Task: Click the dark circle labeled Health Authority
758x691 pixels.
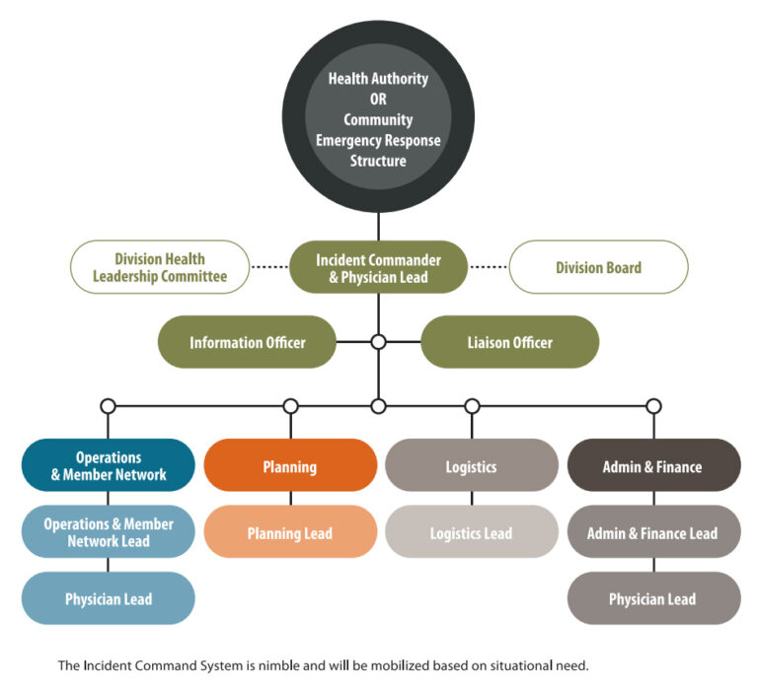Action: [378, 117]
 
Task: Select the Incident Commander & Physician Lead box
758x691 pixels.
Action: [378, 268]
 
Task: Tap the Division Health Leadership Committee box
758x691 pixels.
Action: [160, 268]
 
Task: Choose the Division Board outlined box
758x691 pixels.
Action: [598, 268]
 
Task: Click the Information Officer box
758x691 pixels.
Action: [247, 343]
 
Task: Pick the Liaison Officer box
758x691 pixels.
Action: [509, 343]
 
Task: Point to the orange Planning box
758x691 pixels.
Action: [290, 466]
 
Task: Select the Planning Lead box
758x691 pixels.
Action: [290, 533]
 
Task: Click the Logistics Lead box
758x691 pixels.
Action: [471, 533]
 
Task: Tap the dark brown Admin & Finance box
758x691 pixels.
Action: [652, 466]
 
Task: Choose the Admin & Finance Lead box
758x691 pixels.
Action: [652, 533]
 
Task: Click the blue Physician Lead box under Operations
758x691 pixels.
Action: [109, 599]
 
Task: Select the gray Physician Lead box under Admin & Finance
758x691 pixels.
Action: [652, 599]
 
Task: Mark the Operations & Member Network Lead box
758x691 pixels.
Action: [109, 533]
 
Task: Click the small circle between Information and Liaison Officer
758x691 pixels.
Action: [378, 343]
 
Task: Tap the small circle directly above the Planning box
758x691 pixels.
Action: [290, 406]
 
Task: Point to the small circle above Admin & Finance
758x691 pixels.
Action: [653, 406]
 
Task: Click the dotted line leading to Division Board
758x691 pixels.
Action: [488, 267]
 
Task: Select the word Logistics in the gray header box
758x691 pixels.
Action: [471, 466]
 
